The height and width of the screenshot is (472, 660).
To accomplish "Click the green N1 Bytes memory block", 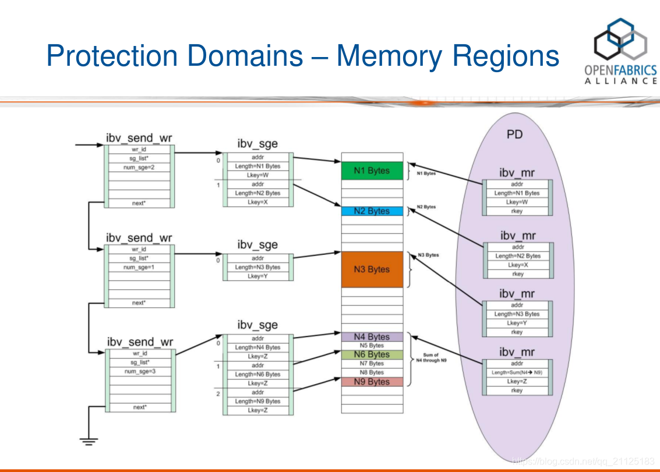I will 372,171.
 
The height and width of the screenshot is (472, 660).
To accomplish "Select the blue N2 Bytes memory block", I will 372,211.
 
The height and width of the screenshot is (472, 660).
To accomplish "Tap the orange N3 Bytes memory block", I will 372,269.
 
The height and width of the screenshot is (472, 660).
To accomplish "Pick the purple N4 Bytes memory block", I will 372,337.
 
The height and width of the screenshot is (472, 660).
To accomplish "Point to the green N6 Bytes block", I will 372,354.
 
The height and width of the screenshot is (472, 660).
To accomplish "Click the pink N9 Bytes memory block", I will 372,382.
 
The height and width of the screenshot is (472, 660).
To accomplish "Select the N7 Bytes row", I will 372,364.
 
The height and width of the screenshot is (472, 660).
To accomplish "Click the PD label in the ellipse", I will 514,134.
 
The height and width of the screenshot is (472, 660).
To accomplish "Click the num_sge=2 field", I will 139,167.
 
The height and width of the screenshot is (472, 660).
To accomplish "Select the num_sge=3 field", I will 139,371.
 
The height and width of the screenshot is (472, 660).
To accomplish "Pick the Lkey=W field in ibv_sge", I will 257,175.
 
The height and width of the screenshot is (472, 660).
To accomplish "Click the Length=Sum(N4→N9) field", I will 517,372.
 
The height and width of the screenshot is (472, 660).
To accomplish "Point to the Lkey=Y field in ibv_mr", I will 517,323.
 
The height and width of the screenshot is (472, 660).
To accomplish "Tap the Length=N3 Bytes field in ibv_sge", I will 257,267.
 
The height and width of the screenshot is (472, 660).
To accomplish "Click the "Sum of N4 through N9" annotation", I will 431,358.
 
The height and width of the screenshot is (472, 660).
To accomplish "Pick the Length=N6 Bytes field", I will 257,374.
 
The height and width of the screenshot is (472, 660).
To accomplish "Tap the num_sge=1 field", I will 139,267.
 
